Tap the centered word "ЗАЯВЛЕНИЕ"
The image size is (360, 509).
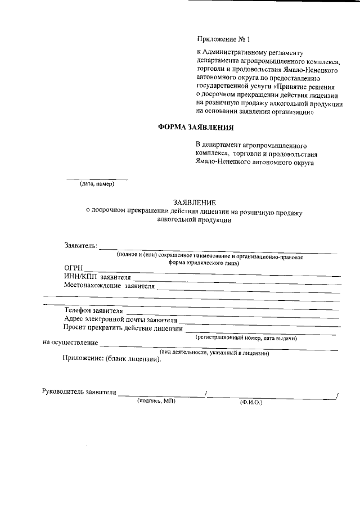coord(195,202)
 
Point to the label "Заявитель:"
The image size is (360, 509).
coord(80,246)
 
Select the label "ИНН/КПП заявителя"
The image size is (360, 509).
coord(97,277)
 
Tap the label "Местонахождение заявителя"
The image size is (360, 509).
coord(109,286)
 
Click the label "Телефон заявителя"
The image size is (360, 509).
coord(93,310)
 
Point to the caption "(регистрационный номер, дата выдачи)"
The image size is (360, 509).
coord(246,338)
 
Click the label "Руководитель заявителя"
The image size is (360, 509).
coord(79,392)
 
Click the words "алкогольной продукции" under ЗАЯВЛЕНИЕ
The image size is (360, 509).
coord(195,221)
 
